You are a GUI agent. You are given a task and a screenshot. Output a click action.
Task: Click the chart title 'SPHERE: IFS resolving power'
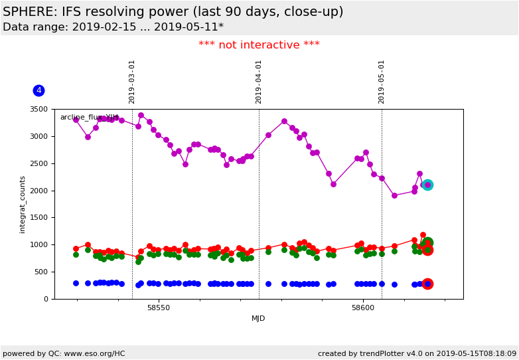(x=173, y=12)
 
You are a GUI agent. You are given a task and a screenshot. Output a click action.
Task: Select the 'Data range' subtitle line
(x=113, y=27)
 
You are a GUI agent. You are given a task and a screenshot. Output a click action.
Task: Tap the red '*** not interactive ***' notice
(x=259, y=45)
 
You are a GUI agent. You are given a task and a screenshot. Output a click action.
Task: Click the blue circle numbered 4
(x=38, y=90)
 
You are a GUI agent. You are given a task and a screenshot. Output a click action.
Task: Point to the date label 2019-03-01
(x=132, y=81)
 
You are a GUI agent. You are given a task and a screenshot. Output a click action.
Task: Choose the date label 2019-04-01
(x=259, y=81)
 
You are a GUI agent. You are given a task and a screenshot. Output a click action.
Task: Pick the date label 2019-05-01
(x=382, y=81)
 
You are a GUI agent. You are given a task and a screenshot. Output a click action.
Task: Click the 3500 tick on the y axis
(x=40, y=109)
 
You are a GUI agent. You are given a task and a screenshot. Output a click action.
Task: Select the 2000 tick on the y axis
(x=40, y=191)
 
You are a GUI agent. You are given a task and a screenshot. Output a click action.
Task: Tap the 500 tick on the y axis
(x=43, y=272)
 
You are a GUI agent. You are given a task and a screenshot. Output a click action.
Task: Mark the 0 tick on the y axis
(x=47, y=299)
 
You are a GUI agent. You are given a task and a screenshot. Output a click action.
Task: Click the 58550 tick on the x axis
(x=159, y=308)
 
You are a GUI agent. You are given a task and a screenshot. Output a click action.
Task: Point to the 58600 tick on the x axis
(x=363, y=308)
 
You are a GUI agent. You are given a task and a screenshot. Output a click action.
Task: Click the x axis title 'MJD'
(x=258, y=318)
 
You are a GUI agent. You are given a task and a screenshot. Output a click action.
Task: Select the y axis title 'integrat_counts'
(x=23, y=204)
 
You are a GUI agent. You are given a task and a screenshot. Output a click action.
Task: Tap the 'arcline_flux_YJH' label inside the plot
(x=89, y=118)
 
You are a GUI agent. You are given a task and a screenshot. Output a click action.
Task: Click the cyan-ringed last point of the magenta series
(x=427, y=185)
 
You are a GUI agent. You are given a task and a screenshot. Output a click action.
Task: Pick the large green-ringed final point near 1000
(x=427, y=243)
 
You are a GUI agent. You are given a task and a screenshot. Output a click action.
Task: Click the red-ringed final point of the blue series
(x=427, y=284)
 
